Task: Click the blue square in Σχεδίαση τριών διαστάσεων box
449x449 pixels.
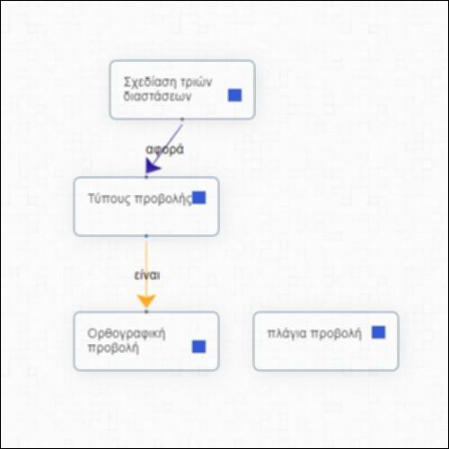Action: pyautogui.click(x=234, y=95)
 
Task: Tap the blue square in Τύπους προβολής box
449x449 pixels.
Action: pyautogui.click(x=199, y=198)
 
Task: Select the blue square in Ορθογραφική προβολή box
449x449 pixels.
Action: pyautogui.click(x=198, y=347)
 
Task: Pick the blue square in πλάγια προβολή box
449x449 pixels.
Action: pyautogui.click(x=378, y=332)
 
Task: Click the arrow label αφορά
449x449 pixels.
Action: pyautogui.click(x=164, y=150)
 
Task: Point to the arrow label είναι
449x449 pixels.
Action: pyautogui.click(x=147, y=275)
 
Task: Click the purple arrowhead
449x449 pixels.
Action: pyautogui.click(x=152, y=166)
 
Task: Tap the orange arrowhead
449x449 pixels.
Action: pyautogui.click(x=146, y=301)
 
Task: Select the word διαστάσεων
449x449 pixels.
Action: pyautogui.click(x=157, y=97)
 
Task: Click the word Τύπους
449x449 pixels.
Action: pyautogui.click(x=110, y=198)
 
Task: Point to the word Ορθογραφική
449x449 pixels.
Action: pyautogui.click(x=127, y=334)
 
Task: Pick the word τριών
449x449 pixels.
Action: pyautogui.click(x=197, y=82)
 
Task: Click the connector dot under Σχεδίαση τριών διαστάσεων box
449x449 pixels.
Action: pyautogui.click(x=182, y=119)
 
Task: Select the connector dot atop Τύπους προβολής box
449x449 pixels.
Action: pyautogui.click(x=146, y=177)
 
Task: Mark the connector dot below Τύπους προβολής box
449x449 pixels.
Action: pyautogui.click(x=146, y=236)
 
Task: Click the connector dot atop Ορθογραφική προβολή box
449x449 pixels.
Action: pyautogui.click(x=146, y=312)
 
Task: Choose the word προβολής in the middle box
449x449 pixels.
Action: pyautogui.click(x=163, y=198)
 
